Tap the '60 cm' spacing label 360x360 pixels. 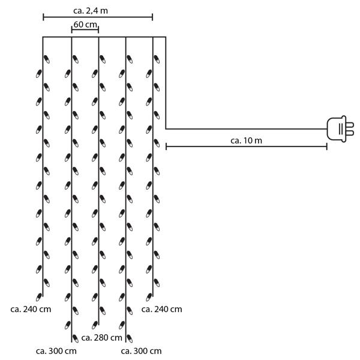pos(85,25)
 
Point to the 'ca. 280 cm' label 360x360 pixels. pos(101,338)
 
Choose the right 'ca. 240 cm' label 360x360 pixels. pos(161,309)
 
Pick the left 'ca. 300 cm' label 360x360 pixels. pos(56,350)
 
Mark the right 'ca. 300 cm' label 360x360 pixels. pos(141,350)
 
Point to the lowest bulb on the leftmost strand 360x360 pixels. pos(40,295)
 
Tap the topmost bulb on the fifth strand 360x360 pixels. pos(156,59)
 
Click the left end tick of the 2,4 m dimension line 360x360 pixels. pos(43,17)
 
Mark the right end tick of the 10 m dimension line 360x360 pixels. pos(327,146)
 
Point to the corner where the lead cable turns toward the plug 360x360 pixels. pos(166,128)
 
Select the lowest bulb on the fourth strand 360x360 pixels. pos(128,337)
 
